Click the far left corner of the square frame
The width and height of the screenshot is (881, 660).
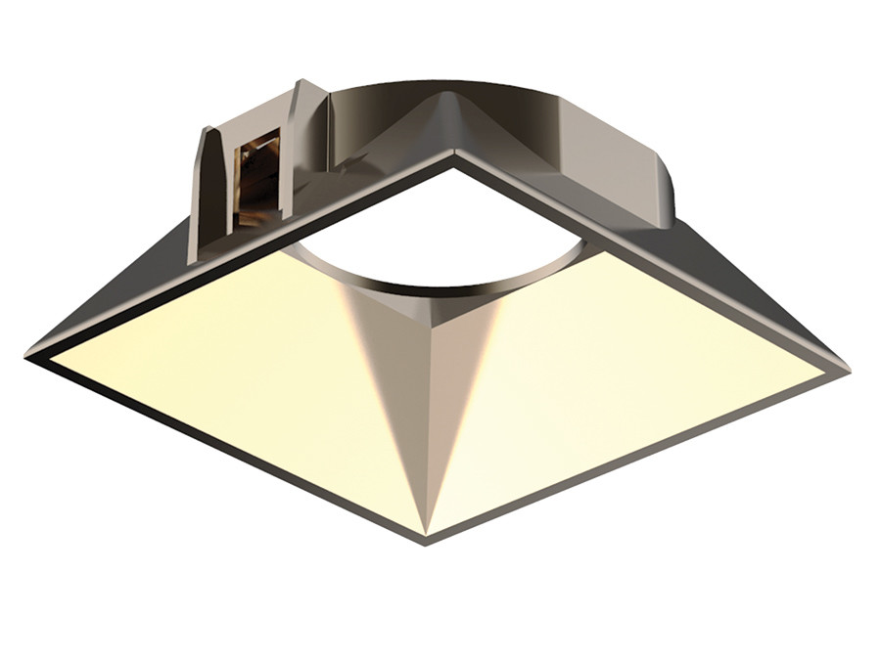coord(29,355)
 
